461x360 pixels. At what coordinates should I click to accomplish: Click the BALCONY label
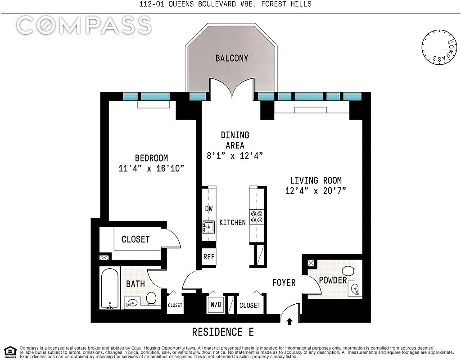click(x=232, y=58)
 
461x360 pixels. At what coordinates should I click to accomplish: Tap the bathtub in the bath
click(x=109, y=288)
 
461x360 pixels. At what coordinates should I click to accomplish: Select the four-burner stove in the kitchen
click(x=257, y=217)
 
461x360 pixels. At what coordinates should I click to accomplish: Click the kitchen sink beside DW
click(x=208, y=227)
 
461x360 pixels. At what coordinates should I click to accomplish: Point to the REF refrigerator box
click(x=209, y=257)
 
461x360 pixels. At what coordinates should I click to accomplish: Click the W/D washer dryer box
click(x=216, y=305)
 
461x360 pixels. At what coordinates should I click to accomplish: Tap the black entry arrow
click(x=289, y=321)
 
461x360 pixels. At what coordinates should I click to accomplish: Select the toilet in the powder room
click(x=349, y=270)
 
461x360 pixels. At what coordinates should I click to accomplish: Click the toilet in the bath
click(x=151, y=298)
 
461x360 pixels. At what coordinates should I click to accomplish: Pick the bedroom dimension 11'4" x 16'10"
click(x=151, y=168)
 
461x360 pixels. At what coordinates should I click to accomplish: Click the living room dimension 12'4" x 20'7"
click(x=316, y=191)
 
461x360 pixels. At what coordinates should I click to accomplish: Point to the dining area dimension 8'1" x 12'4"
click(x=235, y=155)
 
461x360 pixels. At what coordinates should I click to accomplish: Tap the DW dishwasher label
click(x=209, y=208)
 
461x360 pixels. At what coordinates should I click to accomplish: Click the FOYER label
click(x=284, y=283)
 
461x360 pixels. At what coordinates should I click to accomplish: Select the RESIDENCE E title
click(x=223, y=332)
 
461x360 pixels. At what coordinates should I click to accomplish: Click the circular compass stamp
click(x=439, y=47)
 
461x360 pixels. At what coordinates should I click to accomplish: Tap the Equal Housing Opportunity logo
click(x=10, y=351)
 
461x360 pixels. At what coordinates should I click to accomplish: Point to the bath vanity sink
click(x=131, y=302)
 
